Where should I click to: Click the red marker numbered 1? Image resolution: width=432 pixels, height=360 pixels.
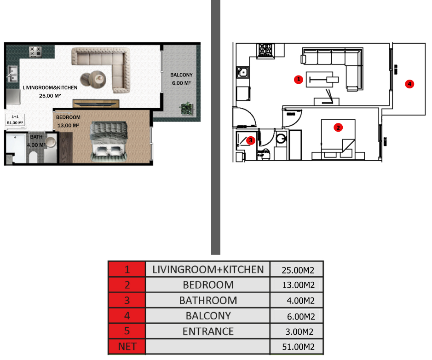point(299,79)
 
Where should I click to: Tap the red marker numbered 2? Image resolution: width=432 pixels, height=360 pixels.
point(338,128)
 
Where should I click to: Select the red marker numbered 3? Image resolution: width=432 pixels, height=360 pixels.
point(250,140)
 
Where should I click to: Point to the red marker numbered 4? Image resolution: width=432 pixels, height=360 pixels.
point(409,84)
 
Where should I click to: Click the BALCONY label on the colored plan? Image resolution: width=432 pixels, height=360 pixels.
point(181,75)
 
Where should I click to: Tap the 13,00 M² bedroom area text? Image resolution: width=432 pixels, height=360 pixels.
point(69,125)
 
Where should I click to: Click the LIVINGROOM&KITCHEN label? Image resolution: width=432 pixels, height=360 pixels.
point(50,87)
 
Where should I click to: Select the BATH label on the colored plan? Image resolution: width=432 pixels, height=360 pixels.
point(36,137)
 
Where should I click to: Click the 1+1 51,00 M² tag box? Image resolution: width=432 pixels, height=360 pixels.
point(15,120)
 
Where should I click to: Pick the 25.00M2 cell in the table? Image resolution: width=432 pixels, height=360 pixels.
point(297,269)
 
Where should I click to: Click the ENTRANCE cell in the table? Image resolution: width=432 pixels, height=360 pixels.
point(208,331)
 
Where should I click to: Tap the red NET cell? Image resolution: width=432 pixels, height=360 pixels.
point(127,347)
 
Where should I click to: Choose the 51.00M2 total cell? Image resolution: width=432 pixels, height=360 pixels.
point(297,347)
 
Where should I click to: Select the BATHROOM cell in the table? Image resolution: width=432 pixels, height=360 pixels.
point(208,300)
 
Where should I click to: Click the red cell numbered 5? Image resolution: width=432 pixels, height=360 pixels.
point(127,331)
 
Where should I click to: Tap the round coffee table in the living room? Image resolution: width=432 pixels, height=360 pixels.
point(94,79)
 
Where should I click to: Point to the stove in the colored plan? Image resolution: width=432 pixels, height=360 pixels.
point(35,52)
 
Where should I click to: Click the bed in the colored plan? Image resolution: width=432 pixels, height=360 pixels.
point(109,141)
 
